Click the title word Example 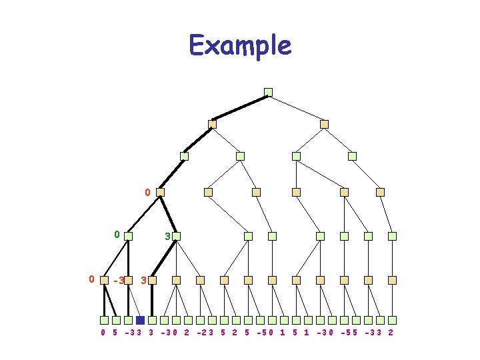tap(240, 45)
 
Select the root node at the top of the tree tap(268, 92)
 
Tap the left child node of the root tap(213, 124)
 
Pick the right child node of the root tap(324, 124)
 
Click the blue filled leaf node tap(140, 320)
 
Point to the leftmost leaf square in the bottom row tap(104, 320)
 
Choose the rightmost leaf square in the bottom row tap(393, 320)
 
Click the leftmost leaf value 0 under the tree tap(103, 332)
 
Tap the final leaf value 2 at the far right tap(390, 332)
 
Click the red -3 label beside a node tap(119, 281)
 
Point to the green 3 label tap(168, 236)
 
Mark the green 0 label tap(117, 235)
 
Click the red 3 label tap(144, 281)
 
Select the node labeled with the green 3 tap(177, 236)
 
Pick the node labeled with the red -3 tap(129, 281)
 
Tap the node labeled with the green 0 tap(128, 236)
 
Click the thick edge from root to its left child tap(240, 108)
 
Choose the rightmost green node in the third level tap(352, 156)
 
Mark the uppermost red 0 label tap(147, 193)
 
